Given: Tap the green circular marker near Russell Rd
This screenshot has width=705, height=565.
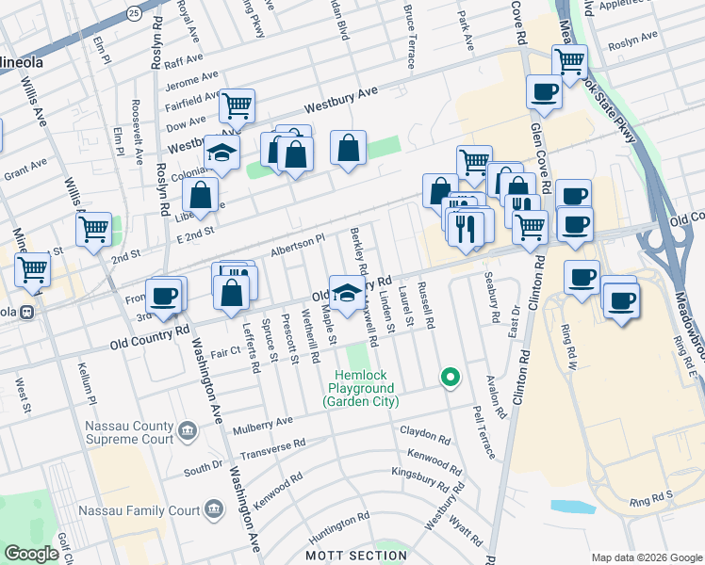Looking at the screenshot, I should [x=451, y=379].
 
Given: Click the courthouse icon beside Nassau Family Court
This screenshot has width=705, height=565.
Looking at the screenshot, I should [x=214, y=510].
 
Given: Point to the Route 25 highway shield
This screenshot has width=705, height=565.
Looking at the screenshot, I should [x=135, y=13].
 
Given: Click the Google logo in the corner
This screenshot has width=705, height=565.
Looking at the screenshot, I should [x=31, y=554].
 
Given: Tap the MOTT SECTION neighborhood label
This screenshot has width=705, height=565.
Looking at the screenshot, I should [x=355, y=556].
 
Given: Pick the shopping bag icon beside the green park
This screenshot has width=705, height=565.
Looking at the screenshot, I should [x=348, y=148].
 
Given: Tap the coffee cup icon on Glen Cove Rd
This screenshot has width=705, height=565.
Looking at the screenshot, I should [x=545, y=92].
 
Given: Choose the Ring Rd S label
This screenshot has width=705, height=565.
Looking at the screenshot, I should [x=649, y=493].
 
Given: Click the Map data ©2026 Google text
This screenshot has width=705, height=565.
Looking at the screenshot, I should [x=646, y=557].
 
